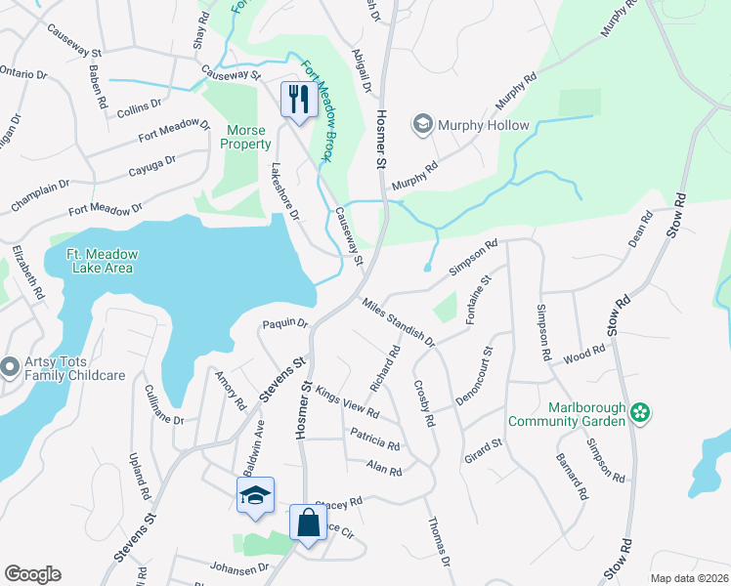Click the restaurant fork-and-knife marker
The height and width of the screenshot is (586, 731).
coord(298,99)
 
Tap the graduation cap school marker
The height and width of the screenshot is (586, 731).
coord(254,494)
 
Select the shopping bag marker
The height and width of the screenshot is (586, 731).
coord(309,522)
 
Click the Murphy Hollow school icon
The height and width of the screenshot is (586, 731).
coord(422,125)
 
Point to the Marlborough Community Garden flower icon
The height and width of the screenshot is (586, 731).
coord(640,413)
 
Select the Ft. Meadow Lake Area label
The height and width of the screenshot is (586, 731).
coord(102,262)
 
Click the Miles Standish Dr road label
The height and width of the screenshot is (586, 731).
coord(398,322)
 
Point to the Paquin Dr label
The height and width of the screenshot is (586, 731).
coord(284,323)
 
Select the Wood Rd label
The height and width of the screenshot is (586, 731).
coord(585,355)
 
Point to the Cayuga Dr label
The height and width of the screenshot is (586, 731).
coord(151,166)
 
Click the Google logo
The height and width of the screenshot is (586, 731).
coord(32,574)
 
